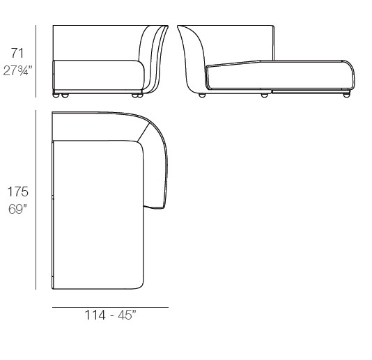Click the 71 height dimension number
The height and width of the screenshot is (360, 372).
coord(17,54)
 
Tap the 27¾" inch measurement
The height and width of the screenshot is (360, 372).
coord(17,70)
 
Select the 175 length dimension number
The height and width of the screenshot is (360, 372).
coord(18,191)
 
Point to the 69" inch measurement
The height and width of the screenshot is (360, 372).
coord(17,209)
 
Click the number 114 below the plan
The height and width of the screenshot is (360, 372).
coord(95,315)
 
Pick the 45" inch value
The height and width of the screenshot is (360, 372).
coord(127,315)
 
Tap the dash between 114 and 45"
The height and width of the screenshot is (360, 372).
coord(111,316)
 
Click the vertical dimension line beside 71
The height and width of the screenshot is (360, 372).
coord(36,61)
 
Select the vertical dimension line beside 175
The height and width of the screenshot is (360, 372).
coord(36,200)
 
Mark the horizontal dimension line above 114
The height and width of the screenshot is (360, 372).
coord(110,308)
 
